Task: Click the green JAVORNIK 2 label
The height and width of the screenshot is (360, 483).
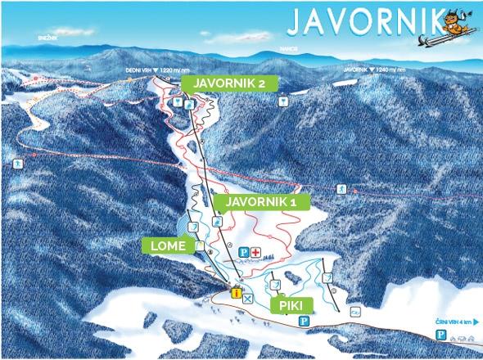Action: pos(229,83)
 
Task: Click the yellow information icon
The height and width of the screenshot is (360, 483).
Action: pos(235,293)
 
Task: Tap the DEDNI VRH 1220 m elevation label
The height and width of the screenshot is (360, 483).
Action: pos(151,71)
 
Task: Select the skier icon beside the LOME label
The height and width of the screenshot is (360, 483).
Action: pos(199,245)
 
